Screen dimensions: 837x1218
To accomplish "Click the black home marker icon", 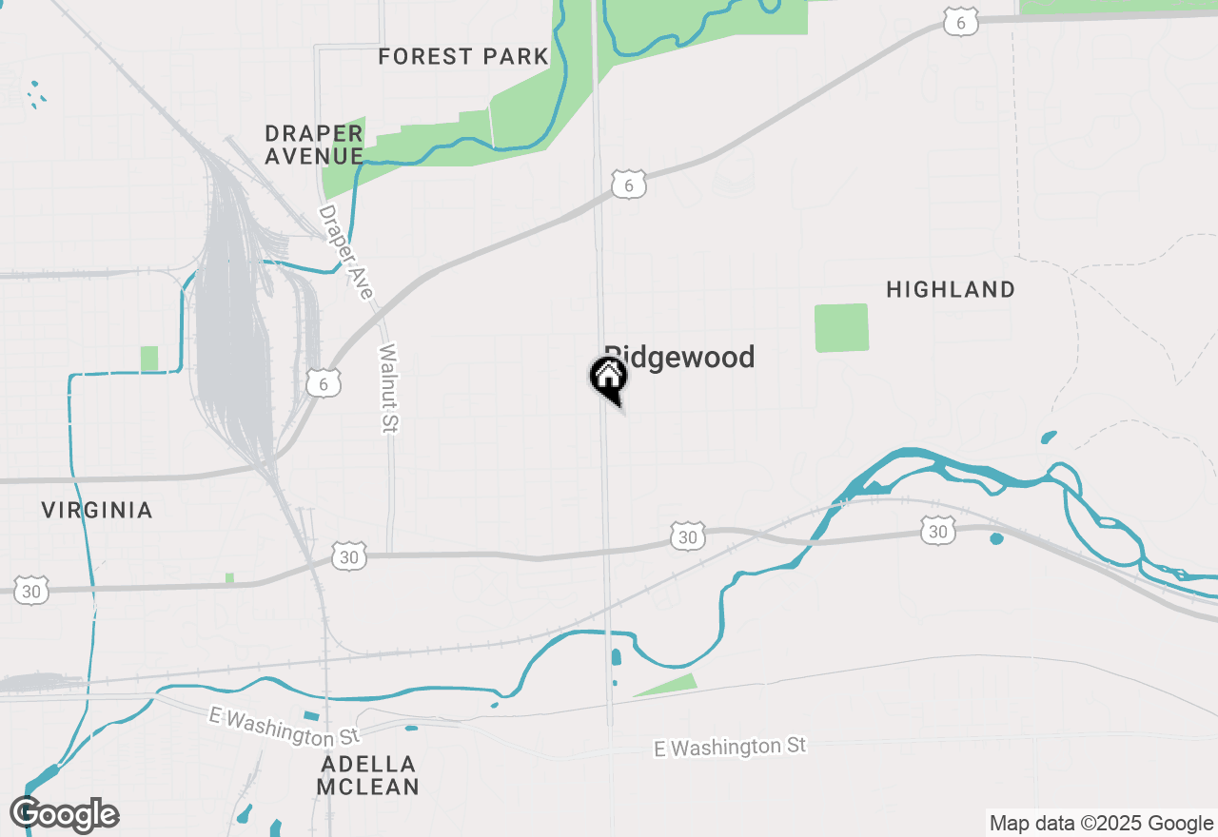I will pos(608,379).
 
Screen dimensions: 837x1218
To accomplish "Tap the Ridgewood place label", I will pos(680,357).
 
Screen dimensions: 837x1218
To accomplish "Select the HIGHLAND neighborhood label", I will pos(951,289).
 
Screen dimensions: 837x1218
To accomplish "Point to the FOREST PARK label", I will pos(463,56).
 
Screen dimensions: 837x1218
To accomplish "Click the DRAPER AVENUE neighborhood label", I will pos(314,145).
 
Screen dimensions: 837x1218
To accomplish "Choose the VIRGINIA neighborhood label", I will pos(97,511).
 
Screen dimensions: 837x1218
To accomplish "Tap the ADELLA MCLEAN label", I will pos(368,775).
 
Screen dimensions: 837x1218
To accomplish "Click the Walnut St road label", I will pos(387,388).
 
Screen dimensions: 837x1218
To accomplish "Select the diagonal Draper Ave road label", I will pos(344,252).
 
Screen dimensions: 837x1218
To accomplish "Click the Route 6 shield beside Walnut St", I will pos(324,383).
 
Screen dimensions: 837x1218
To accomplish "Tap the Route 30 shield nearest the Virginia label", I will pos(32,591).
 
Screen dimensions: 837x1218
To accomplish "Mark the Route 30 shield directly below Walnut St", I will pos(349,556).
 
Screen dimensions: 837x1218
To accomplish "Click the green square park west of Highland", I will pos(842,328).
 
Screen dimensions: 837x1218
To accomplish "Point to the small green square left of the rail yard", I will pos(149,359).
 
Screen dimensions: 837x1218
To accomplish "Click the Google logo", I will pos(65,815).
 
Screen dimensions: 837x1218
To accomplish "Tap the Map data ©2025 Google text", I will pos(1101,824).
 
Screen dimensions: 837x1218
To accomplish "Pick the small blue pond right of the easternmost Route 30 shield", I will pos(996,539).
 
